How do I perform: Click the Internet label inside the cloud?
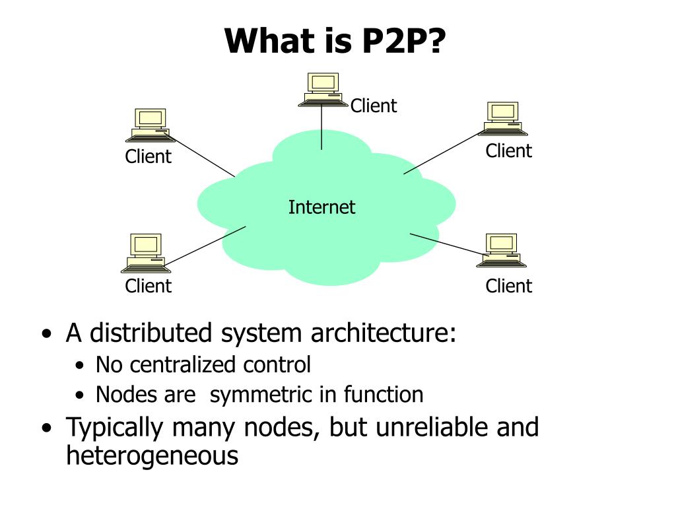[321, 207]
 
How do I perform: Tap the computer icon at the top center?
[323, 90]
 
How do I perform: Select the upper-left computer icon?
[150, 125]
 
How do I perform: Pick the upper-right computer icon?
[502, 119]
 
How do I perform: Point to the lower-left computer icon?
[146, 253]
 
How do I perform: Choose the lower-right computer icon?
[501, 250]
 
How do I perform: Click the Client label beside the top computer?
[374, 106]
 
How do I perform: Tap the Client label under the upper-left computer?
[148, 156]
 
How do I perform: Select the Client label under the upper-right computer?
[509, 151]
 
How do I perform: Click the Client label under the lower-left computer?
[148, 286]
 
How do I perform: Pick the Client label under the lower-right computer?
[509, 286]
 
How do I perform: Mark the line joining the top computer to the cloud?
[321, 127]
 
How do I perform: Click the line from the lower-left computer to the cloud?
[205, 246]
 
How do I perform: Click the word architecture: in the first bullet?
[384, 333]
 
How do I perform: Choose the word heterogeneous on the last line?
[152, 456]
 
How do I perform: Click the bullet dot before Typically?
[47, 428]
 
